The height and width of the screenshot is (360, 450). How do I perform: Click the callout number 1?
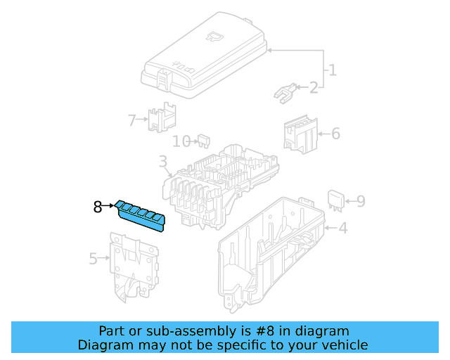pyautogui.click(x=332, y=70)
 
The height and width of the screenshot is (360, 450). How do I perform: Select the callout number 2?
pyautogui.click(x=313, y=87)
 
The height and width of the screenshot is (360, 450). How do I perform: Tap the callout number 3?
pyautogui.click(x=162, y=165)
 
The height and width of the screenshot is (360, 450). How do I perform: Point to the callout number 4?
pyautogui.click(x=342, y=228)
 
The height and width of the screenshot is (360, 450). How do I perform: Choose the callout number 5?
pyautogui.click(x=94, y=259)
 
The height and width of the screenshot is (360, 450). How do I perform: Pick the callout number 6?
pyautogui.click(x=335, y=133)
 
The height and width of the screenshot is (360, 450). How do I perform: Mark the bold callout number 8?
pyautogui.click(x=98, y=207)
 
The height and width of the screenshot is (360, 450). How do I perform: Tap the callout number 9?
pyautogui.click(x=360, y=202)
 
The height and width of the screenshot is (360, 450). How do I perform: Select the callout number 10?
pyautogui.click(x=181, y=141)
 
